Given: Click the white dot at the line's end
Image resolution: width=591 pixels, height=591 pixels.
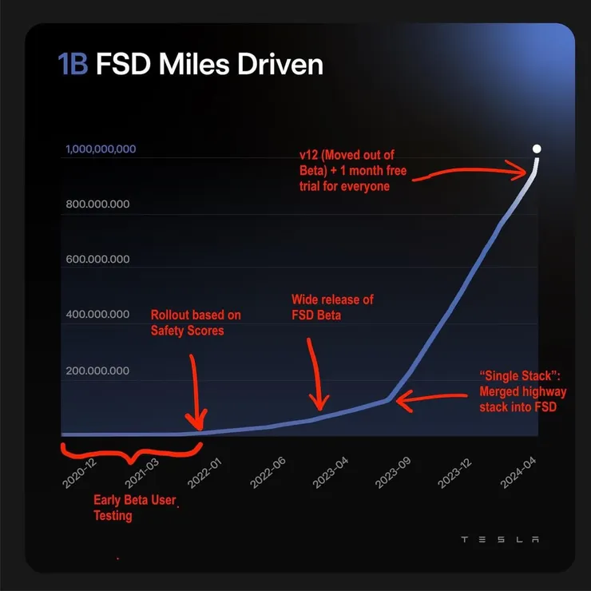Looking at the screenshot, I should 537,149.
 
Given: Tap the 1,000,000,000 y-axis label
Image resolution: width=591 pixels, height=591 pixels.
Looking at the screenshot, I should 101,149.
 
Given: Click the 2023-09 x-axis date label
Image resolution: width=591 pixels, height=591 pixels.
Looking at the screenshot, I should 394,472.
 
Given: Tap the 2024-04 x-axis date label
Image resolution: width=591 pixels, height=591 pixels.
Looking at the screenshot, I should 519,472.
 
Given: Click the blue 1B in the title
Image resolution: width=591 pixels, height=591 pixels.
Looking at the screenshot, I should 73,65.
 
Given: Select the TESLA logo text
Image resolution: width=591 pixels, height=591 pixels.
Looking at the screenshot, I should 500,539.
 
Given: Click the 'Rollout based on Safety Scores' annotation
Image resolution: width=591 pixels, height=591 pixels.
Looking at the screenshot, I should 196,322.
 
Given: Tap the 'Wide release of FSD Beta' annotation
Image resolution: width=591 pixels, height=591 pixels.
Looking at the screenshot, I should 332,307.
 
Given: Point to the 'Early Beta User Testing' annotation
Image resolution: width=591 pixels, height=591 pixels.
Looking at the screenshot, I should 134,508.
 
